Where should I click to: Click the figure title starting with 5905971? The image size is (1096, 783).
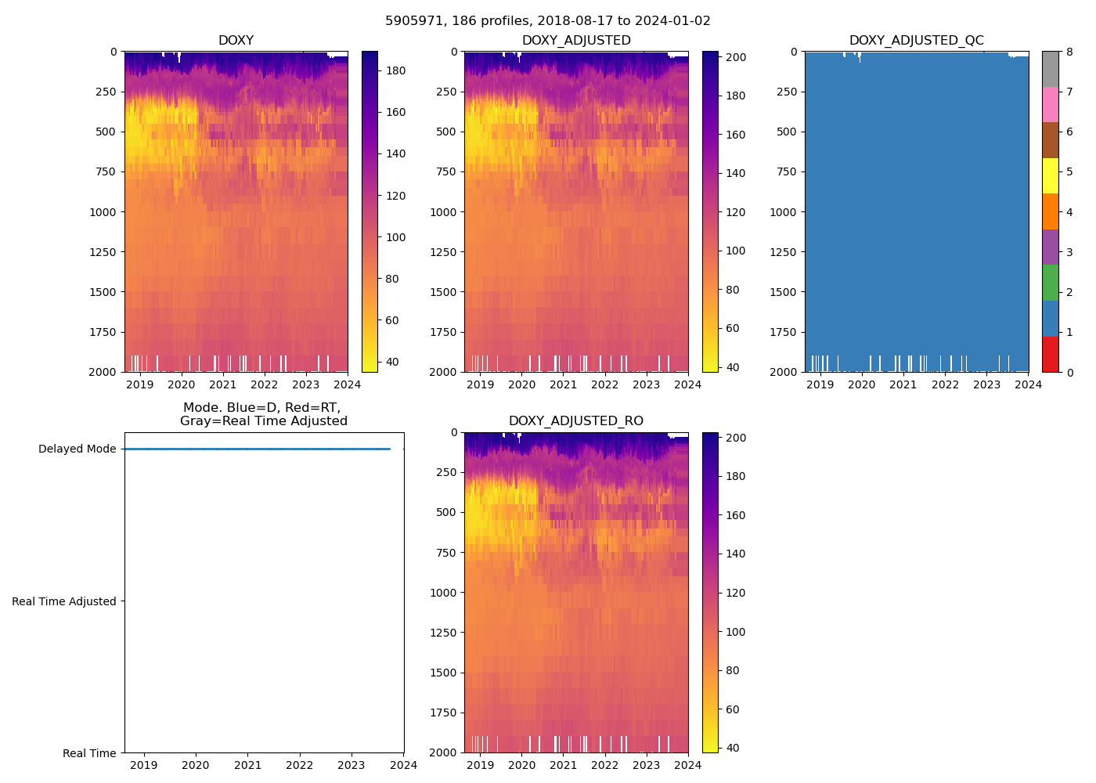[547, 21]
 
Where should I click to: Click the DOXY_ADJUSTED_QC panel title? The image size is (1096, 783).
[916, 41]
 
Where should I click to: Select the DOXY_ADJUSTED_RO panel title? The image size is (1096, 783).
[575, 421]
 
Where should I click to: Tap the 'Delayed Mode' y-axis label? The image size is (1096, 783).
[77, 449]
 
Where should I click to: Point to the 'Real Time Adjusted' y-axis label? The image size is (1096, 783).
[64, 601]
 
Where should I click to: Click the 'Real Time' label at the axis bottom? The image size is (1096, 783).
[89, 753]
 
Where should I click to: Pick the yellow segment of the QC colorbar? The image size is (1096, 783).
[1050, 176]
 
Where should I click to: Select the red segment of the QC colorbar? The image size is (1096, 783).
[1050, 354]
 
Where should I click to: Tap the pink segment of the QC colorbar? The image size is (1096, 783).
[1050, 105]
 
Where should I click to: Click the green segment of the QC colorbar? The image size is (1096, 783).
[1050, 283]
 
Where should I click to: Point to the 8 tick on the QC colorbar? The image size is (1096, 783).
[1069, 52]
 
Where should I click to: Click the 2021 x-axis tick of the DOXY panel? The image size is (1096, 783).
[223, 384]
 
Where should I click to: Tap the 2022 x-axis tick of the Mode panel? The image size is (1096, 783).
[299, 765]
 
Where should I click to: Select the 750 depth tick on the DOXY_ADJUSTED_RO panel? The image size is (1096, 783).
[446, 553]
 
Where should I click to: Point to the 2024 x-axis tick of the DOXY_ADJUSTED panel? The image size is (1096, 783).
[688, 384]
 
